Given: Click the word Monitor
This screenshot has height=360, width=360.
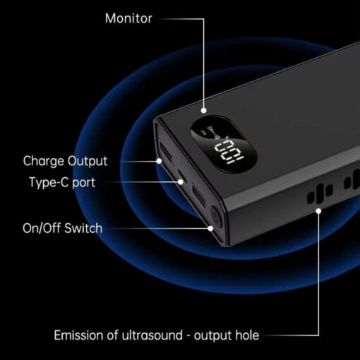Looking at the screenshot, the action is point(128,18).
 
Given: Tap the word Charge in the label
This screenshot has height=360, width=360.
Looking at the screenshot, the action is point(44,162).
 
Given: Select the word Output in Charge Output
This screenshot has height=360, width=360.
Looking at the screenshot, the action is point(88,162).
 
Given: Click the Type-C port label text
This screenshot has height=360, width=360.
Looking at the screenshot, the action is point(62,182).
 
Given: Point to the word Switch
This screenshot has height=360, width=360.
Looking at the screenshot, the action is point(83,228).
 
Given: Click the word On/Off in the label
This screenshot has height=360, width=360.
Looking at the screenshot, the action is point(42,228).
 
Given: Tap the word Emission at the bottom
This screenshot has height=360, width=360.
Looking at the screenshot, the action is point(79,335).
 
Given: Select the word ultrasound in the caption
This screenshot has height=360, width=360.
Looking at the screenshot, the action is point(152,335).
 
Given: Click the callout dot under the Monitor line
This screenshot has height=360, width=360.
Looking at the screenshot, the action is point(204,110).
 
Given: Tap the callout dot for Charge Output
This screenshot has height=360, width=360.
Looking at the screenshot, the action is point(160,161).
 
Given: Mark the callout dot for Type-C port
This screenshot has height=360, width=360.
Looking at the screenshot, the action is point(181,181).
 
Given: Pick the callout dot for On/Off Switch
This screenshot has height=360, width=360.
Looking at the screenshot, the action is point(210,228).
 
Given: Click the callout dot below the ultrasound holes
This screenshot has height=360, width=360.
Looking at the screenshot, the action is point(318,211).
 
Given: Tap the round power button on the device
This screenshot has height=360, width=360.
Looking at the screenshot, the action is point(216,217).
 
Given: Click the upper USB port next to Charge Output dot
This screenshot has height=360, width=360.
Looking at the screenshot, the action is point(167,152).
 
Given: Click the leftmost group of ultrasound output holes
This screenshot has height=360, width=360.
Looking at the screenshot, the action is point(320,193).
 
